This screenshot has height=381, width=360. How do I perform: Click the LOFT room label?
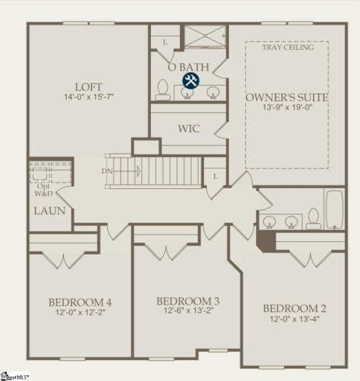(88, 86)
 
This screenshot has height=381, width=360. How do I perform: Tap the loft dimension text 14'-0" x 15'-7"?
(88, 97)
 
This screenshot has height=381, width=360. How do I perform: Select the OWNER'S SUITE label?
(287, 97)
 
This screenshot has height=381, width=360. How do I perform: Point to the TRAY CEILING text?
(287, 47)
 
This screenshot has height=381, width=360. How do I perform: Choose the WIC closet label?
(188, 128)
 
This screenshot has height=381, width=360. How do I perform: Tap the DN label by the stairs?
(108, 171)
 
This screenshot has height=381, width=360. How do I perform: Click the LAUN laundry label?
(49, 211)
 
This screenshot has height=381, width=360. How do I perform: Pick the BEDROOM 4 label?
(80, 302)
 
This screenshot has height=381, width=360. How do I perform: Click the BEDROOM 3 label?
(187, 301)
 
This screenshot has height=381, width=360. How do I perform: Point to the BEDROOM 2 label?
(295, 308)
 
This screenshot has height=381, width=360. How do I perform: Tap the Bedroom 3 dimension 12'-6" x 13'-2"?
(187, 311)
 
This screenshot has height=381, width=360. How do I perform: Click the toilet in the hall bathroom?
(313, 217)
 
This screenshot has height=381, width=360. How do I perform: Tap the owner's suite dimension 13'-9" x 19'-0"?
(287, 109)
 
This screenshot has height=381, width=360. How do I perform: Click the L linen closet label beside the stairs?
(215, 176)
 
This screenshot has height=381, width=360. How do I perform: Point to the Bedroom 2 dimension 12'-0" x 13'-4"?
(295, 319)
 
